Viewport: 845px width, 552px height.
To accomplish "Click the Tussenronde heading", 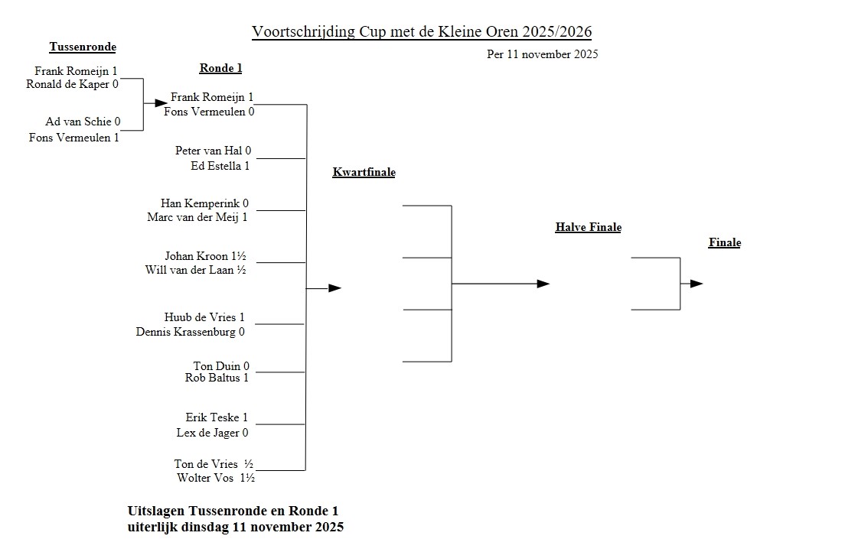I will [83, 47].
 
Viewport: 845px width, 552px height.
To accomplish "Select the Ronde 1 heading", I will [220, 68].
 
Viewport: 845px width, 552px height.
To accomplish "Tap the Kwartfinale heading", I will [364, 173].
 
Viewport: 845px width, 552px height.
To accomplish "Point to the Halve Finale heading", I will [588, 227].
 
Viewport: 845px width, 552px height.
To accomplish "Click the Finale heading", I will [724, 243].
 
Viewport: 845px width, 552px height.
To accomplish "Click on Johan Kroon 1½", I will [204, 256].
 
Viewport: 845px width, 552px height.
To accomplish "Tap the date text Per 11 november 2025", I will [542, 54].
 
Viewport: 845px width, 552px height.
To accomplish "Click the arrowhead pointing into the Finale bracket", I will [697, 284].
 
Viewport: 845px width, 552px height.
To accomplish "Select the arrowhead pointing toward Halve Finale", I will [543, 284].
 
